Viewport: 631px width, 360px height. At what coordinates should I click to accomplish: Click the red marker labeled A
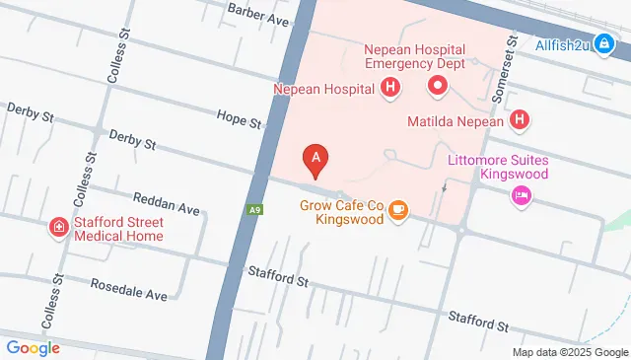[x=315, y=158]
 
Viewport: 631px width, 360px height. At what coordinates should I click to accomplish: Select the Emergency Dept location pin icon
[x=438, y=89]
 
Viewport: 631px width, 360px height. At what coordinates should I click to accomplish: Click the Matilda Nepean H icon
[x=521, y=122]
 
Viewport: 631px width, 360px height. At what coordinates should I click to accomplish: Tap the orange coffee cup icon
[x=398, y=211]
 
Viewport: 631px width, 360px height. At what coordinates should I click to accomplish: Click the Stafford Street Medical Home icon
[x=59, y=229]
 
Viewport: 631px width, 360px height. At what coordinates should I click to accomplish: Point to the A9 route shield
[x=255, y=210]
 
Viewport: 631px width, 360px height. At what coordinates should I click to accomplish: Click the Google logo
[x=33, y=347]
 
